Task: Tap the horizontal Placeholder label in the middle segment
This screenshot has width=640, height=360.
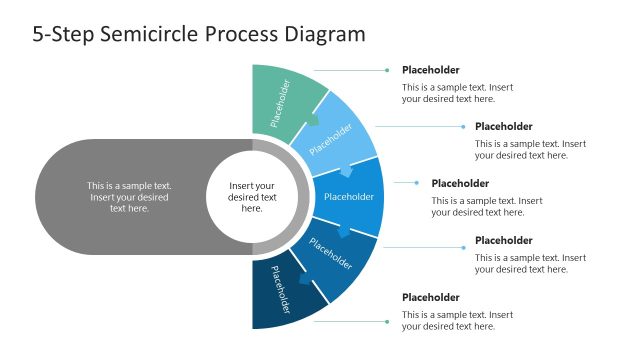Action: point(349,197)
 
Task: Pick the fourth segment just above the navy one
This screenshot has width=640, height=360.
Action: point(335,255)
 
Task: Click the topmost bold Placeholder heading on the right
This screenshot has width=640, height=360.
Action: point(431,70)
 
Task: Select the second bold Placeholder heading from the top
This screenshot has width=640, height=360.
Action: point(503,127)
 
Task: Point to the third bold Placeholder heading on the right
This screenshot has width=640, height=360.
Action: point(460,184)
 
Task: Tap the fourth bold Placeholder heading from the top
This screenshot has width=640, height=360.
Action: point(503,241)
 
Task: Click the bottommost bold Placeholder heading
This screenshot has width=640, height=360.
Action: point(431,298)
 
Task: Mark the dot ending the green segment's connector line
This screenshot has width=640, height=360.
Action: point(387,71)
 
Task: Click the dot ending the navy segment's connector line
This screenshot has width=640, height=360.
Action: point(387,321)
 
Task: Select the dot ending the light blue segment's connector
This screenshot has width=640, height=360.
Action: point(462,127)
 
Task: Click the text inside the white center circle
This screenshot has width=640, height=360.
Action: point(252,197)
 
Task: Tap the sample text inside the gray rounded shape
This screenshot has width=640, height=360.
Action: point(129,197)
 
